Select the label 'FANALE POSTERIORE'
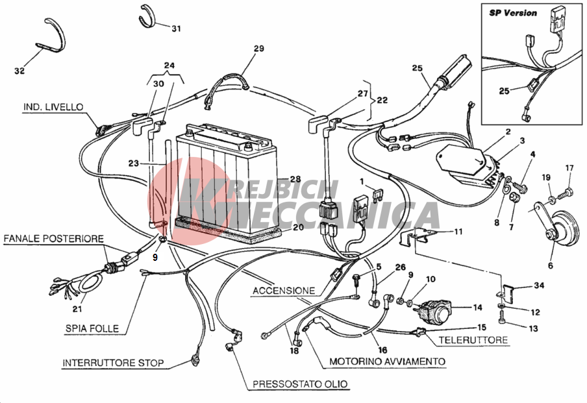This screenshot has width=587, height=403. (53, 239)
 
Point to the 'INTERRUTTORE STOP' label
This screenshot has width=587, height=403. (113, 362)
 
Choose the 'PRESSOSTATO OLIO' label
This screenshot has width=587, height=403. (300, 384)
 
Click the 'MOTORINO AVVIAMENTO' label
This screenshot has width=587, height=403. (387, 361)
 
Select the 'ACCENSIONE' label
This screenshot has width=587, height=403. (284, 290)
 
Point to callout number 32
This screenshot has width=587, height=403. (19, 71)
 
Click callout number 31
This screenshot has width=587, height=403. (177, 29)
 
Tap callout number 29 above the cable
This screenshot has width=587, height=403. (259, 49)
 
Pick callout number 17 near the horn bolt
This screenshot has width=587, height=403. (569, 169)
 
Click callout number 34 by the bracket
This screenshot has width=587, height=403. (539, 286)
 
